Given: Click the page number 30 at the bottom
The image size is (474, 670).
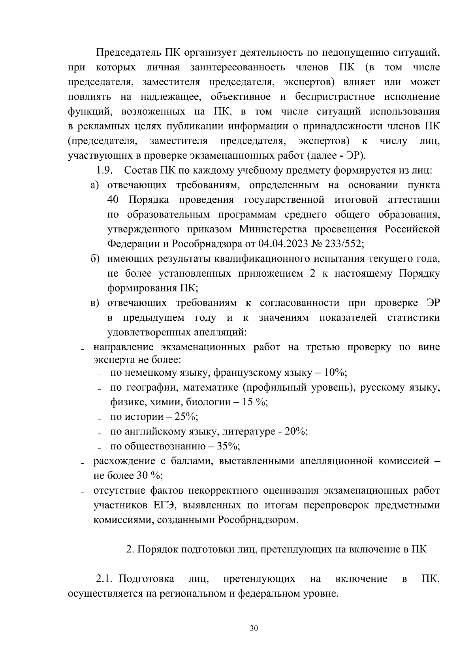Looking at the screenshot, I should [254, 628].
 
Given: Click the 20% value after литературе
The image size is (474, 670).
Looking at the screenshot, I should [295, 432].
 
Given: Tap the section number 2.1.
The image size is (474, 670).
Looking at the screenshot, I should [105, 579].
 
